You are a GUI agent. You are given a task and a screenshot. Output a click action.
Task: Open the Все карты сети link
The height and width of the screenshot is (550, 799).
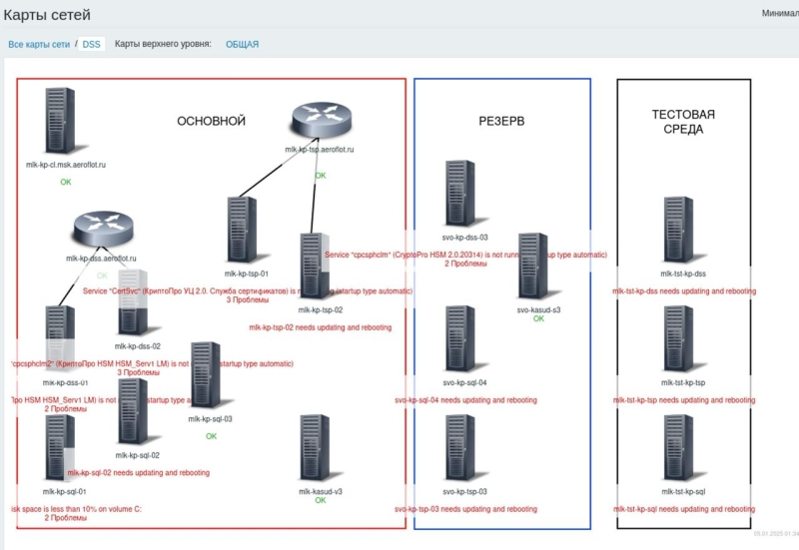point(39,44)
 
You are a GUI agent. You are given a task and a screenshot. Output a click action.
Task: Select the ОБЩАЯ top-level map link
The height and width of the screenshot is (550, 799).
point(242,44)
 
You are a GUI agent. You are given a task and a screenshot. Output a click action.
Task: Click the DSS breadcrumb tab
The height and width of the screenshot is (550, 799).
point(92,44)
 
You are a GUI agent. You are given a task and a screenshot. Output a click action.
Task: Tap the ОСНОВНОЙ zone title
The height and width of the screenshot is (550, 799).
point(211,121)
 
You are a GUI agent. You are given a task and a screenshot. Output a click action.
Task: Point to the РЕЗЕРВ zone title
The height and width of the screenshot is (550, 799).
point(501,121)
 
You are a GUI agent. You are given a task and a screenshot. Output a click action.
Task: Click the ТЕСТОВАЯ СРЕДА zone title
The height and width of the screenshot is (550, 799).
point(683,122)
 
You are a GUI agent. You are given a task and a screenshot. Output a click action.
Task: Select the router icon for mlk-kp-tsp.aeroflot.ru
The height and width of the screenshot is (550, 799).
point(320,122)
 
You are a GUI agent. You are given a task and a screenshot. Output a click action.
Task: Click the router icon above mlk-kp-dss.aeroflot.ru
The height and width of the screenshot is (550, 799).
point(101,232)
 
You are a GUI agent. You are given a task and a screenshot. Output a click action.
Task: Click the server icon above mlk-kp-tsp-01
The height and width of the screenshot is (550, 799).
point(240,231)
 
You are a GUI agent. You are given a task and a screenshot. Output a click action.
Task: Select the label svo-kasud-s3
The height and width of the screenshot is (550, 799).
point(538,309)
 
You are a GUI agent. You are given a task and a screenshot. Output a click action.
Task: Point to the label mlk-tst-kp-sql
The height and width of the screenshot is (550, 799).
point(684,492)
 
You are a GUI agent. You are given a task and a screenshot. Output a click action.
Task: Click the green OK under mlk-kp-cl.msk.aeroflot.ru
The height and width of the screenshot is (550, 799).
point(66,182)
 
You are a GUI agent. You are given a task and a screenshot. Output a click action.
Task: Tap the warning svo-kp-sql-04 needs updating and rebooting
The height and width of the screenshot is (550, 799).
point(465,399)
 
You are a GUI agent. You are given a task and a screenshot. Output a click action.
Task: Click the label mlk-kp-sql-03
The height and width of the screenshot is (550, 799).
point(210,419)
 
